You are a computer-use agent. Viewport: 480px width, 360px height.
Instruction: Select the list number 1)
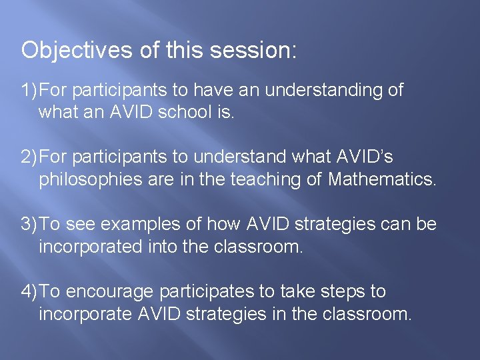29,90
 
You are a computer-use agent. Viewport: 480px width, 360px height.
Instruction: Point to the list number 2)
29,157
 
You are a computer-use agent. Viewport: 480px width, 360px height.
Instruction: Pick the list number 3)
29,225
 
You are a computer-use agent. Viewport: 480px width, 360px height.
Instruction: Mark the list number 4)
29,292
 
